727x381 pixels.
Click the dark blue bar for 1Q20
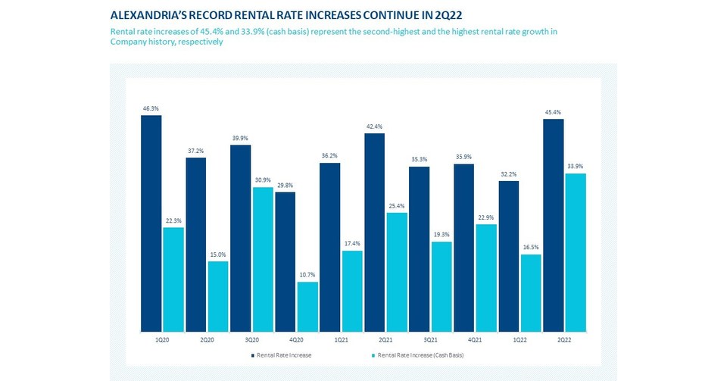[151, 223]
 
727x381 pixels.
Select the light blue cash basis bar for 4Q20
[307, 307]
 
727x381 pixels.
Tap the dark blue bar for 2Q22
[553, 225]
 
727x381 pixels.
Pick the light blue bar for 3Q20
[263, 259]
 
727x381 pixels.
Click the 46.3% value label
[151, 109]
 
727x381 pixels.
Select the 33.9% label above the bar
[576, 167]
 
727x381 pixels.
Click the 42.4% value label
[374, 127]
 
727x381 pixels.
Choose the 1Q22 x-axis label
[520, 339]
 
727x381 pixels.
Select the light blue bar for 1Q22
[531, 293]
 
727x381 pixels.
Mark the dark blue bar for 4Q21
[463, 248]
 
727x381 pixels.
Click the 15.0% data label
[218, 255]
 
